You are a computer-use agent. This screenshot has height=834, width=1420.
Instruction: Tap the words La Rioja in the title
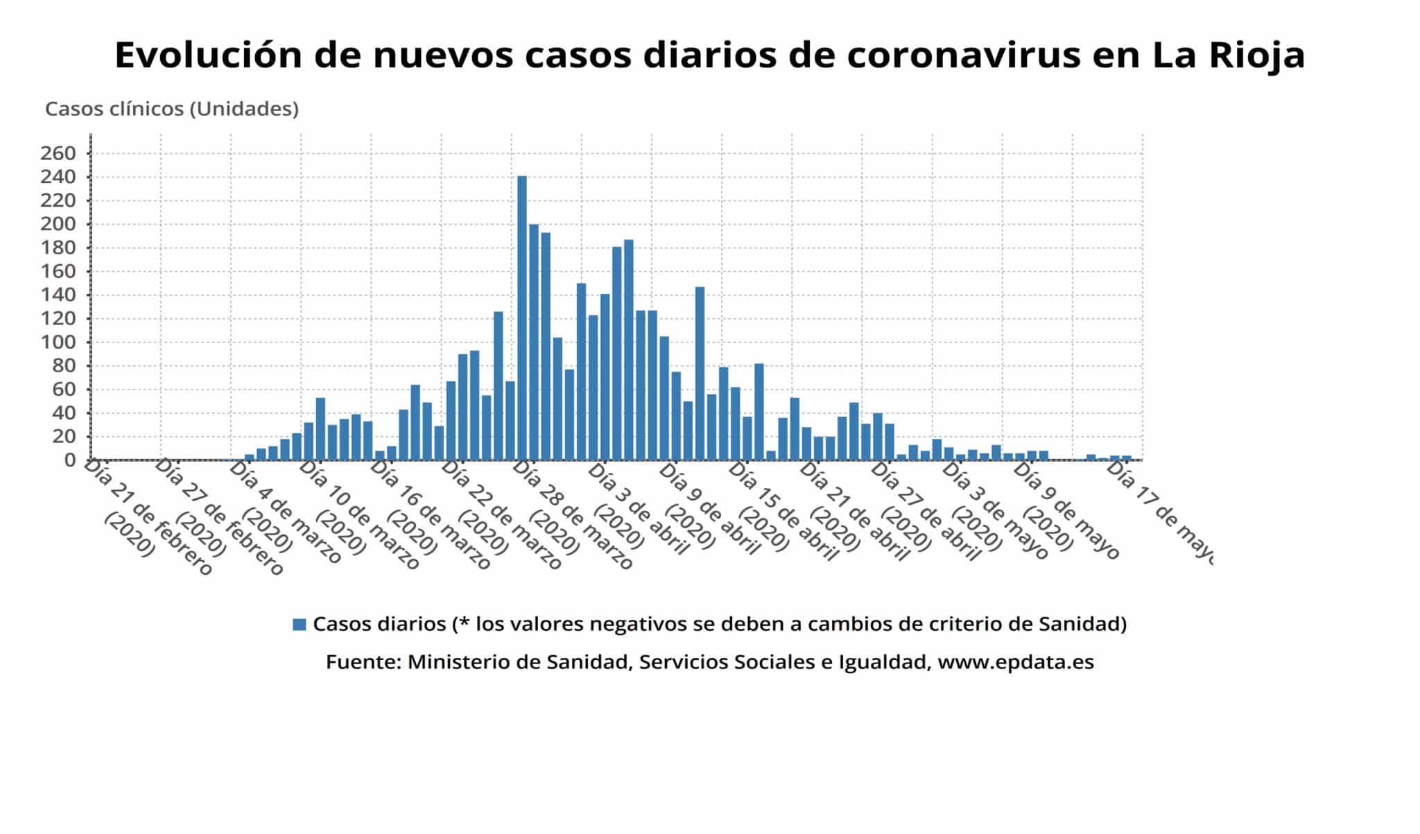tap(1229, 55)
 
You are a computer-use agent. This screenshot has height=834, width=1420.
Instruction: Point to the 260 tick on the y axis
tap(58, 153)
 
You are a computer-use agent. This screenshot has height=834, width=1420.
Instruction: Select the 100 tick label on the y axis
tap(58, 342)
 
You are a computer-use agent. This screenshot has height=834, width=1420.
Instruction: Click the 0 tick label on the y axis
tap(69, 460)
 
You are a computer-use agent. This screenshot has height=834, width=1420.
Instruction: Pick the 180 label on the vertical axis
tap(58, 248)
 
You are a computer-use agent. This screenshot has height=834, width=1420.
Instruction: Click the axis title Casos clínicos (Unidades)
tap(172, 109)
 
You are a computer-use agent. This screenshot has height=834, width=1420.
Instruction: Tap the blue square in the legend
tap(300, 625)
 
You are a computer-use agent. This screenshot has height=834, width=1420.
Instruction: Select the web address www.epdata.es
tap(1015, 662)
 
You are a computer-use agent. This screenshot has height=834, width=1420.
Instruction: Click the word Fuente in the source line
tap(363, 662)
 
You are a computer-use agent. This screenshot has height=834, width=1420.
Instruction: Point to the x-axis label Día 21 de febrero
tap(147, 516)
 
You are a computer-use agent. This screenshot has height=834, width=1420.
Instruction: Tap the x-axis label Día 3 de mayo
tap(995, 510)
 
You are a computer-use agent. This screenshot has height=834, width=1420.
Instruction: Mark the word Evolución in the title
tap(208, 55)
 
